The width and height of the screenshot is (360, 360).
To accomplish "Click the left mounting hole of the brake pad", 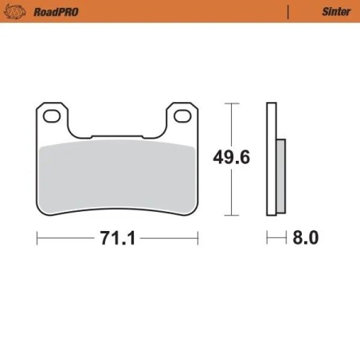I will pyautogui.click(x=53, y=116).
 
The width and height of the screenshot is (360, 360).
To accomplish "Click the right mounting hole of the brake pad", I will pyautogui.click(x=182, y=116).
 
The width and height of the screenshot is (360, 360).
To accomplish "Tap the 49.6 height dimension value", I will pyautogui.click(x=231, y=158).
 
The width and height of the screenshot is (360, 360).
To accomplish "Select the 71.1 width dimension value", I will pyautogui.click(x=116, y=238).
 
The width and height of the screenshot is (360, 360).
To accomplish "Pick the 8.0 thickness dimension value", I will pyautogui.click(x=305, y=238).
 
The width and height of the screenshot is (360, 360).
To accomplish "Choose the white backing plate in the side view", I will pyautogui.click(x=271, y=159).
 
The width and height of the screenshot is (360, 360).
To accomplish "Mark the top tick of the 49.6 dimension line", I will pyautogui.click(x=230, y=103).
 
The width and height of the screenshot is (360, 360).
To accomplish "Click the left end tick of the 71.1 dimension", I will pyautogui.click(x=37, y=238).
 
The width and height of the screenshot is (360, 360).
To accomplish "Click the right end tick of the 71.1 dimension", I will pyautogui.click(x=198, y=238).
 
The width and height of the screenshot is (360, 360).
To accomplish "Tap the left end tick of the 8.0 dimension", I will pyautogui.click(x=267, y=238).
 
